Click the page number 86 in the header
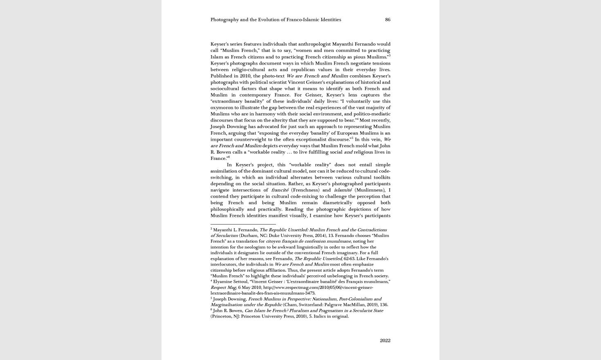(x=388, y=20)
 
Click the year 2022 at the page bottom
(x=385, y=340)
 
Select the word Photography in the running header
(x=224, y=20)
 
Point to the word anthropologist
(x=314, y=44)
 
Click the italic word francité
(x=280, y=190)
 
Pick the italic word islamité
(x=343, y=190)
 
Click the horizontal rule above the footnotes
(x=243, y=224)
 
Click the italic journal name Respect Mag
(x=223, y=287)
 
